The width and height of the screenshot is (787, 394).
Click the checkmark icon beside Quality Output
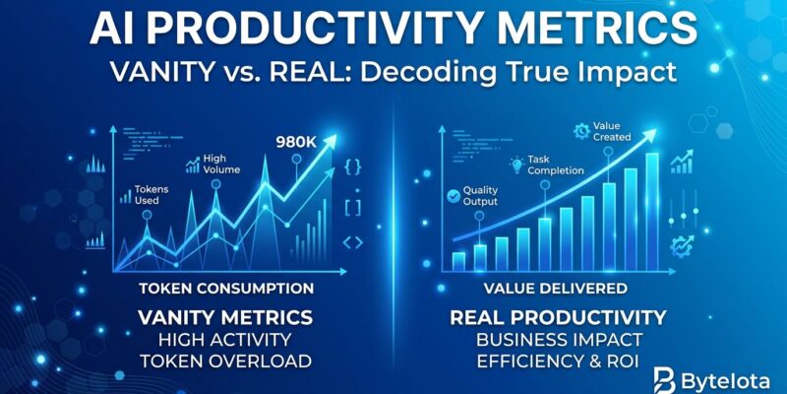click(453, 196)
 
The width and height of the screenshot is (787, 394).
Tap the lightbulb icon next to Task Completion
click(518, 164)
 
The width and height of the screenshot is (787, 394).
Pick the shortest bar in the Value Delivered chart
click(458, 260)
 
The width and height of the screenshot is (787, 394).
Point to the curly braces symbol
click(353, 167)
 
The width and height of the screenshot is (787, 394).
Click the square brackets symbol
click(353, 205)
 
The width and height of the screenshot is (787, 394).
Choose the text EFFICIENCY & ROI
click(559, 361)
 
